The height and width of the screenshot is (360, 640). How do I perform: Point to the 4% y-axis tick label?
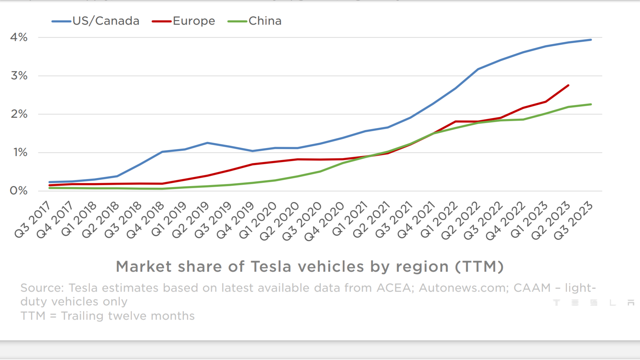pyautogui.click(x=19, y=37)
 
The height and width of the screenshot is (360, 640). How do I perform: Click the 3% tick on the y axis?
pyautogui.click(x=19, y=76)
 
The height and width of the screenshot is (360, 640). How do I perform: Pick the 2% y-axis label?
pyautogui.click(x=19, y=114)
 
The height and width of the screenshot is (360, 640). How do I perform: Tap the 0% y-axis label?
pyautogui.click(x=19, y=191)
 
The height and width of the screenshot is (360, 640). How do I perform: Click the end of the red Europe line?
pyautogui.click(x=568, y=86)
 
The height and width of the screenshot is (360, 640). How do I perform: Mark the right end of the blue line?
pyautogui.click(x=591, y=40)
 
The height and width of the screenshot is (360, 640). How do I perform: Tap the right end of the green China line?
pyautogui.click(x=591, y=104)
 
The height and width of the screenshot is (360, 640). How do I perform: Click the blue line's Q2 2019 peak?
pyautogui.click(x=207, y=143)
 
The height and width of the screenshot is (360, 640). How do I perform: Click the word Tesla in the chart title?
pyautogui.click(x=271, y=267)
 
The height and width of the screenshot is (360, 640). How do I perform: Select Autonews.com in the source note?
pyautogui.click(x=463, y=288)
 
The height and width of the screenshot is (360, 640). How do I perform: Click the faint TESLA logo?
pyautogui.click(x=593, y=302)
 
